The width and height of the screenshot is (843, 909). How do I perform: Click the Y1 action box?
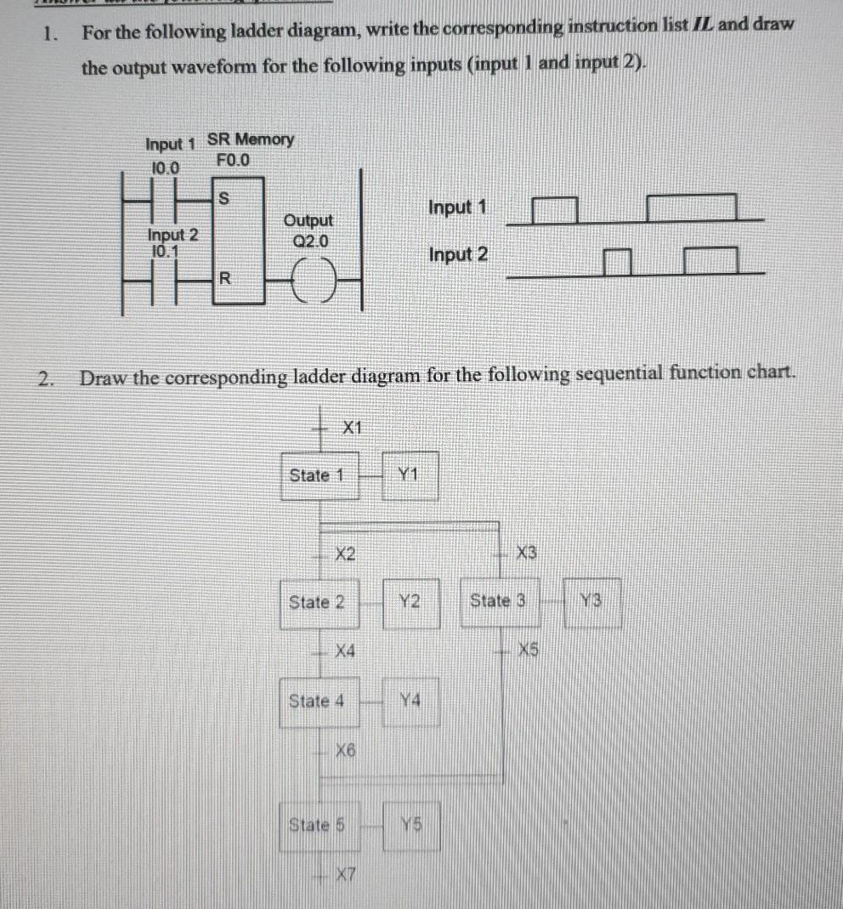pyautogui.click(x=410, y=475)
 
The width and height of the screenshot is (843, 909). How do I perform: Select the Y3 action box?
pyautogui.click(x=591, y=601)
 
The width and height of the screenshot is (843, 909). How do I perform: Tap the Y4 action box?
pyautogui.click(x=410, y=702)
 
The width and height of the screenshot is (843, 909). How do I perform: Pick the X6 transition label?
pyautogui.click(x=345, y=750)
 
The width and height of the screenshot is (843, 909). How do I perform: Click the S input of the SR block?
pyautogui.click(x=224, y=198)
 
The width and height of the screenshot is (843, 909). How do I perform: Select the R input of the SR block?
pyautogui.click(x=224, y=277)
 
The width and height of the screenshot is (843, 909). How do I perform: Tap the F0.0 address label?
pyautogui.click(x=235, y=159)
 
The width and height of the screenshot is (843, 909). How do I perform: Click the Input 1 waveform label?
pyautogui.click(x=459, y=207)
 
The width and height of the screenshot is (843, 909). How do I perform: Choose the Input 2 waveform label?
pyautogui.click(x=459, y=254)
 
